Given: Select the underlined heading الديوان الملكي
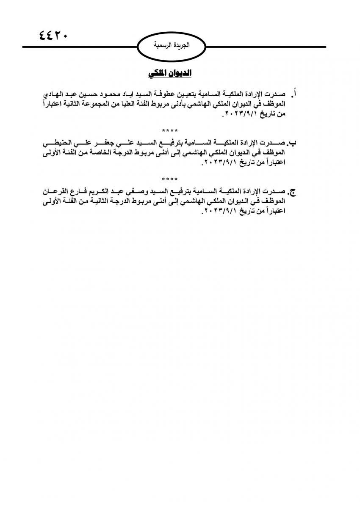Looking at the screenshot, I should pos(170,74).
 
